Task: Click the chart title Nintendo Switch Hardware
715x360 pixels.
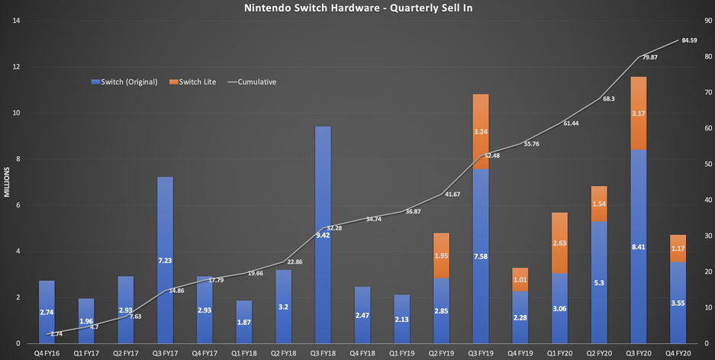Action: pyautogui.click(x=357, y=8)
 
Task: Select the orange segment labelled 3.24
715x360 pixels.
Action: pyautogui.click(x=481, y=131)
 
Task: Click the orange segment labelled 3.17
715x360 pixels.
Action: pyautogui.click(x=639, y=114)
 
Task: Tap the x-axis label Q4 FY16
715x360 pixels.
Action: pyautogui.click(x=47, y=353)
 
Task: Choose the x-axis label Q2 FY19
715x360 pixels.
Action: pyautogui.click(x=441, y=353)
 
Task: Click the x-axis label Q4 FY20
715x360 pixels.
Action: pyautogui.click(x=678, y=353)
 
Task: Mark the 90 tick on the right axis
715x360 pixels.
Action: pyautogui.click(x=705, y=21)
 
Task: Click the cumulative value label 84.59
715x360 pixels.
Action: pyautogui.click(x=690, y=40)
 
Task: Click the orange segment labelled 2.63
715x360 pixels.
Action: pyautogui.click(x=559, y=243)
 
